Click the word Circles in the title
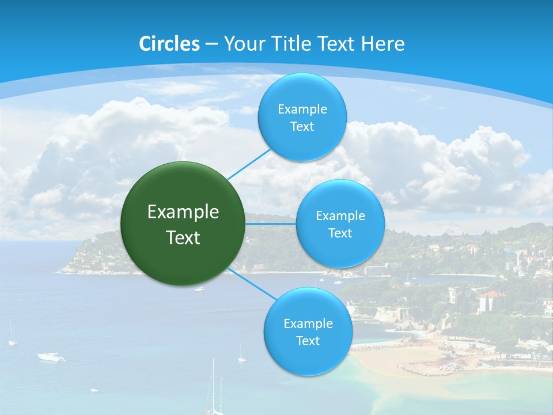(x=169, y=44)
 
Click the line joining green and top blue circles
(x=249, y=164)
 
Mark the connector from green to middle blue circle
(x=270, y=224)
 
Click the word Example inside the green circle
(x=183, y=212)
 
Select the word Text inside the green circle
(x=183, y=237)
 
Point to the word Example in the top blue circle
(x=302, y=110)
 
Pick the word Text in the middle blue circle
(x=340, y=233)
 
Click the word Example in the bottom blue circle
(x=308, y=324)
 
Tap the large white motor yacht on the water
(x=51, y=357)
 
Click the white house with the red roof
(x=490, y=301)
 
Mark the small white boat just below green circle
(x=199, y=289)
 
